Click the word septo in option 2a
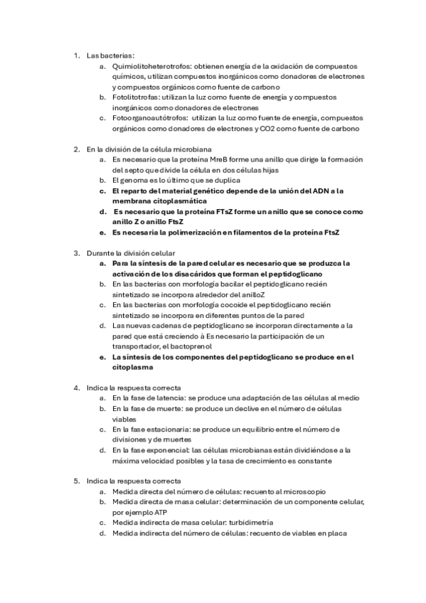click(x=123, y=170)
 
